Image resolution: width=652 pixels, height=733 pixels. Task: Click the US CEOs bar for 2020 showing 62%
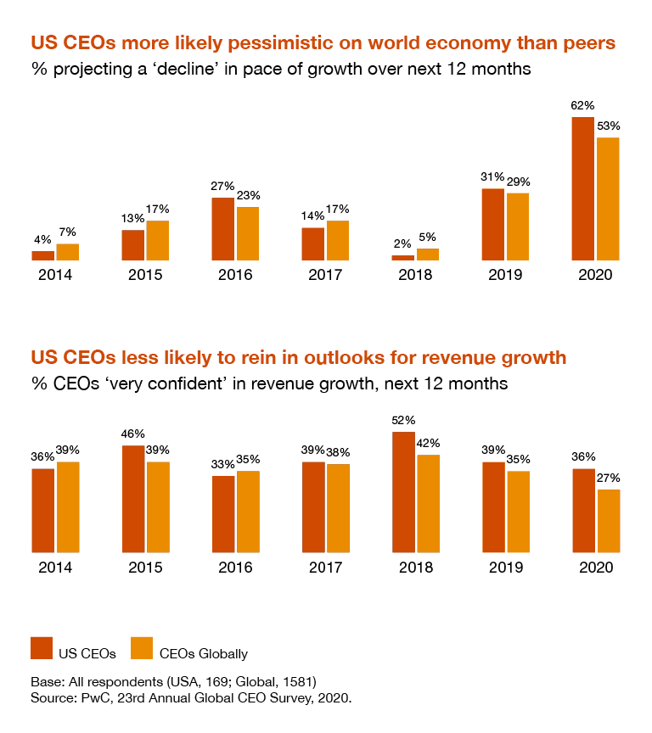coord(582,188)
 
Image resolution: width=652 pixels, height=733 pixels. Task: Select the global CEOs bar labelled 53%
coord(608,199)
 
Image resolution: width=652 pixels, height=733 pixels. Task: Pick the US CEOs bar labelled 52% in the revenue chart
coord(402,492)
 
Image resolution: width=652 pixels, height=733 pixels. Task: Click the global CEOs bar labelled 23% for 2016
coord(248,233)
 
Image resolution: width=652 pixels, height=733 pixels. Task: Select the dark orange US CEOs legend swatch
coord(42,648)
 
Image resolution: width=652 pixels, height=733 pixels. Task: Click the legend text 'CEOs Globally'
coord(204,653)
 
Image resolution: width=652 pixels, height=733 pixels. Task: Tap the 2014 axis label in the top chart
coord(55,275)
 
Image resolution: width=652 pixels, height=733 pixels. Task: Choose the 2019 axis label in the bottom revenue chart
coord(505,568)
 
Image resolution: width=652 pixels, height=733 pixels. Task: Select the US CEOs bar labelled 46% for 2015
coord(133,499)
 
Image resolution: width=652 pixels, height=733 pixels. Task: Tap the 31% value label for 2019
coord(492,176)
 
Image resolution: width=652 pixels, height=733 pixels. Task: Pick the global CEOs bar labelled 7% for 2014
coord(68,252)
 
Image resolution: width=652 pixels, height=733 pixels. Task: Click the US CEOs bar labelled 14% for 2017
coord(312,243)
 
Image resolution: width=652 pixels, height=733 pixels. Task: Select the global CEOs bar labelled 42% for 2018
coord(428,504)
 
